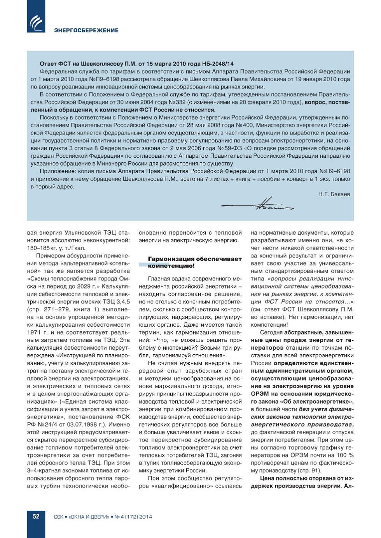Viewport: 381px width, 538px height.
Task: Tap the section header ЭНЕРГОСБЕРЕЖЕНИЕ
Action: tap(86, 30)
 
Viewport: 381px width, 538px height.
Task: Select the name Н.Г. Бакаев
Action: tap(334, 194)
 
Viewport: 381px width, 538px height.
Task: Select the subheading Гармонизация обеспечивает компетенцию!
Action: tap(194, 262)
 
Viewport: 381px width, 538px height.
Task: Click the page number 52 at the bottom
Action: tap(36, 516)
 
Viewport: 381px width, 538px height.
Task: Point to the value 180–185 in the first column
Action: tap(38, 248)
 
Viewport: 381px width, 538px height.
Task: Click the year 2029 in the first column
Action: tap(83, 286)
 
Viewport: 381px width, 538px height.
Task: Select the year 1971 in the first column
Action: tap(34, 333)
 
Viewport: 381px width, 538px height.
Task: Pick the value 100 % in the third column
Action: tap(346, 455)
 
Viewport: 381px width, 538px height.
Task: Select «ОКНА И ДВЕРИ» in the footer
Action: tap(89, 517)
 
